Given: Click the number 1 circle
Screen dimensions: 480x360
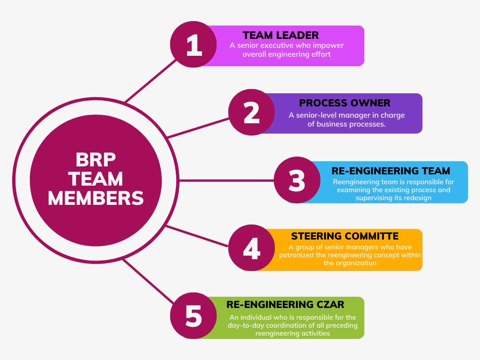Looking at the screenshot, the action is pyautogui.click(x=194, y=45).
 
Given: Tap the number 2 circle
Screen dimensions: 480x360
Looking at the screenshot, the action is pyautogui.click(x=252, y=112).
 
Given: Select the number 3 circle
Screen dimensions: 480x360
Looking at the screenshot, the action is pyautogui.click(x=297, y=180).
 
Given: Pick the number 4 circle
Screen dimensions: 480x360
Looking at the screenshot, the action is pyautogui.click(x=252, y=248).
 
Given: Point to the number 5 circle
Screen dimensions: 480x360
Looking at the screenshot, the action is pyautogui.click(x=194, y=315).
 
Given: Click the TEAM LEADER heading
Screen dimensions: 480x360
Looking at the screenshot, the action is pyautogui.click(x=281, y=35).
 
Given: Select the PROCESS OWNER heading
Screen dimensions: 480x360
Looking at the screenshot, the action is pyautogui.click(x=345, y=103).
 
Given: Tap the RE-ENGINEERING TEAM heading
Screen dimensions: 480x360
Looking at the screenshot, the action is pyautogui.click(x=391, y=171).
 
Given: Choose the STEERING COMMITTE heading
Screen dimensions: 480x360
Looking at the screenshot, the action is pyautogui.click(x=345, y=236).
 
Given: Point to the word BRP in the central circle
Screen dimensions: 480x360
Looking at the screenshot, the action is pyautogui.click(x=96, y=159).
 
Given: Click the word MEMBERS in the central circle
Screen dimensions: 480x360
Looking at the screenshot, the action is pyautogui.click(x=96, y=198).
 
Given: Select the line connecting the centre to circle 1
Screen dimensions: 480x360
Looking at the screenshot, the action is pyautogui.click(x=150, y=81).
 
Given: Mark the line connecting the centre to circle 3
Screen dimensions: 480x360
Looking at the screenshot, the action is pyautogui.click(x=226, y=180).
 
